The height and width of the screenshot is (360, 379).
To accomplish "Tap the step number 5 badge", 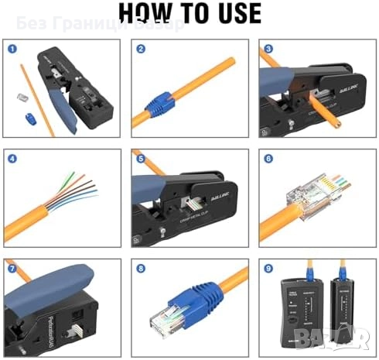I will (140, 159).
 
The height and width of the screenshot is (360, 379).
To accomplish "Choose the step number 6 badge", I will (267, 159).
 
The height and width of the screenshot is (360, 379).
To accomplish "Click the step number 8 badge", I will (140, 269).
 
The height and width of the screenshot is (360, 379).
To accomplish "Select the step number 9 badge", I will (267, 269).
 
